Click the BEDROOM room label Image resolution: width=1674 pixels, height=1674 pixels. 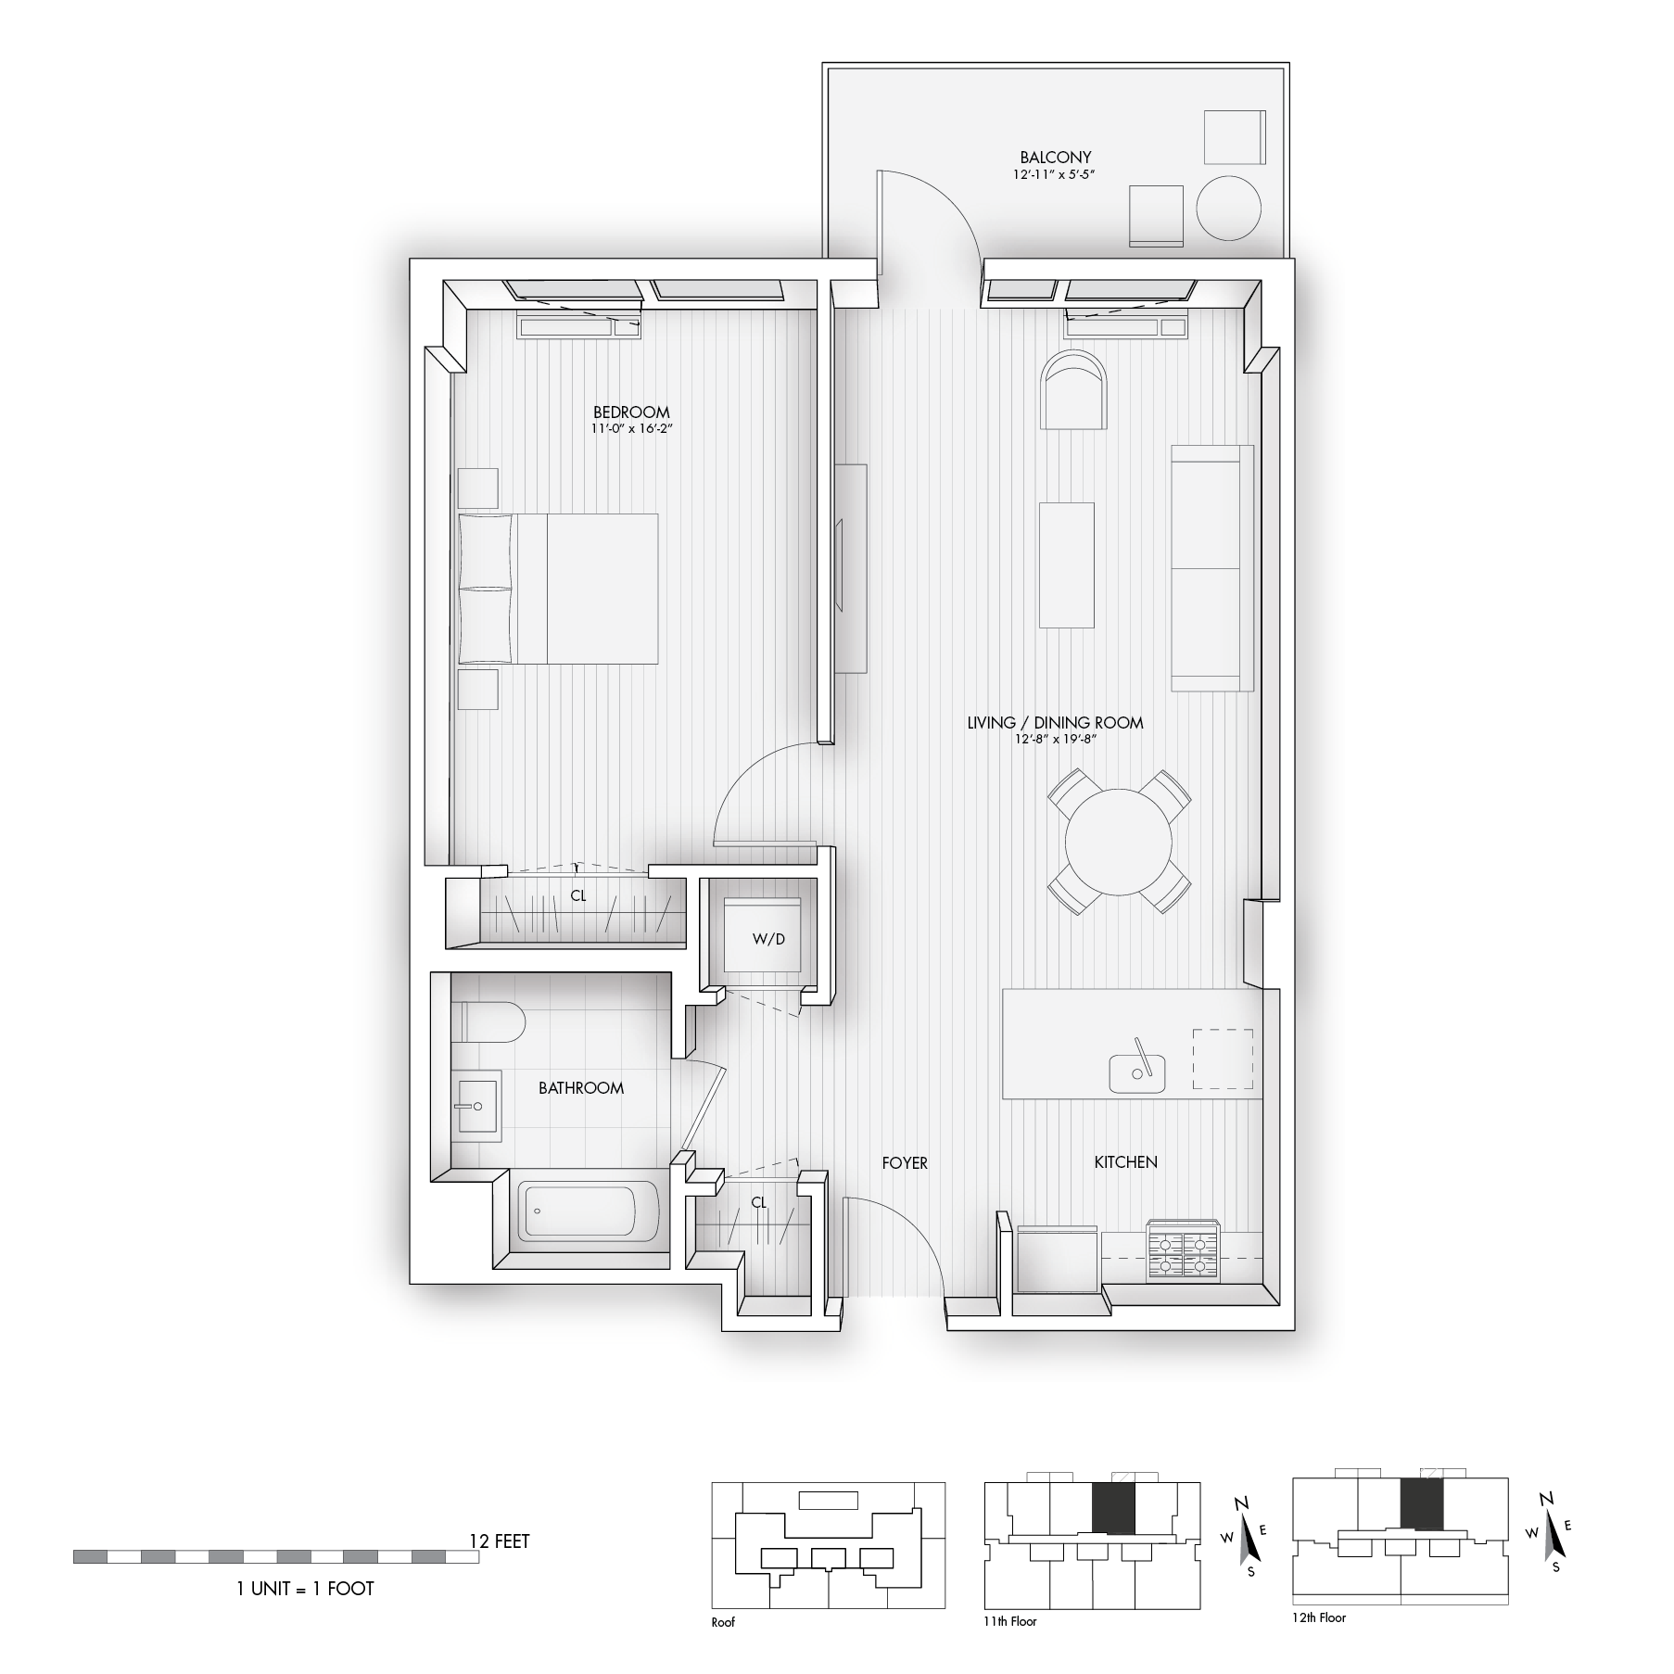coord(631,412)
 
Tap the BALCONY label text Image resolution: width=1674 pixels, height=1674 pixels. coord(1055,158)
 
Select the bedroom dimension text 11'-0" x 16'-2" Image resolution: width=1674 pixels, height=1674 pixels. coord(631,429)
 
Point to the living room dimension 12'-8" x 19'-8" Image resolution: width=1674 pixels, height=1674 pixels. coord(1055,739)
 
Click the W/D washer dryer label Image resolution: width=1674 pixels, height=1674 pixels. coord(767,939)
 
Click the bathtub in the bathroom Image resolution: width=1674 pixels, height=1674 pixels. coord(589,1211)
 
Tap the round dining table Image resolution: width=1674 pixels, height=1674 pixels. coord(1119,842)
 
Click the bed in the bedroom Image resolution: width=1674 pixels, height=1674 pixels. coord(558,589)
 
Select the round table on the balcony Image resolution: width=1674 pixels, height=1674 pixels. coord(1228,209)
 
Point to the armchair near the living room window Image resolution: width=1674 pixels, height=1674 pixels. coord(1074,390)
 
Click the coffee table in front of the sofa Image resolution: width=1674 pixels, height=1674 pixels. coord(1066,565)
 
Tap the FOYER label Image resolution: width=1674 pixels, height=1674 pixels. coord(905,1162)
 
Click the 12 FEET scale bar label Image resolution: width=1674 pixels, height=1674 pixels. coord(500,1541)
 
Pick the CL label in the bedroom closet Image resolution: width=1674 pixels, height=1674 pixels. coord(578,896)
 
